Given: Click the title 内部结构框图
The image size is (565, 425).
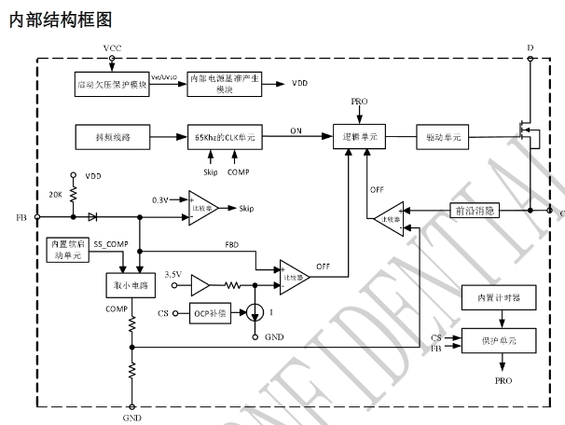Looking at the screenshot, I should click(60, 19).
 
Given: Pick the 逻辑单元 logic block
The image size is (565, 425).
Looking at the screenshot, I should click(359, 136).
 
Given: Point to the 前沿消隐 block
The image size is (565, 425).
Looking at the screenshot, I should click(477, 211).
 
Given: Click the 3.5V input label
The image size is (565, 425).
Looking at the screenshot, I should click(172, 274).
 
